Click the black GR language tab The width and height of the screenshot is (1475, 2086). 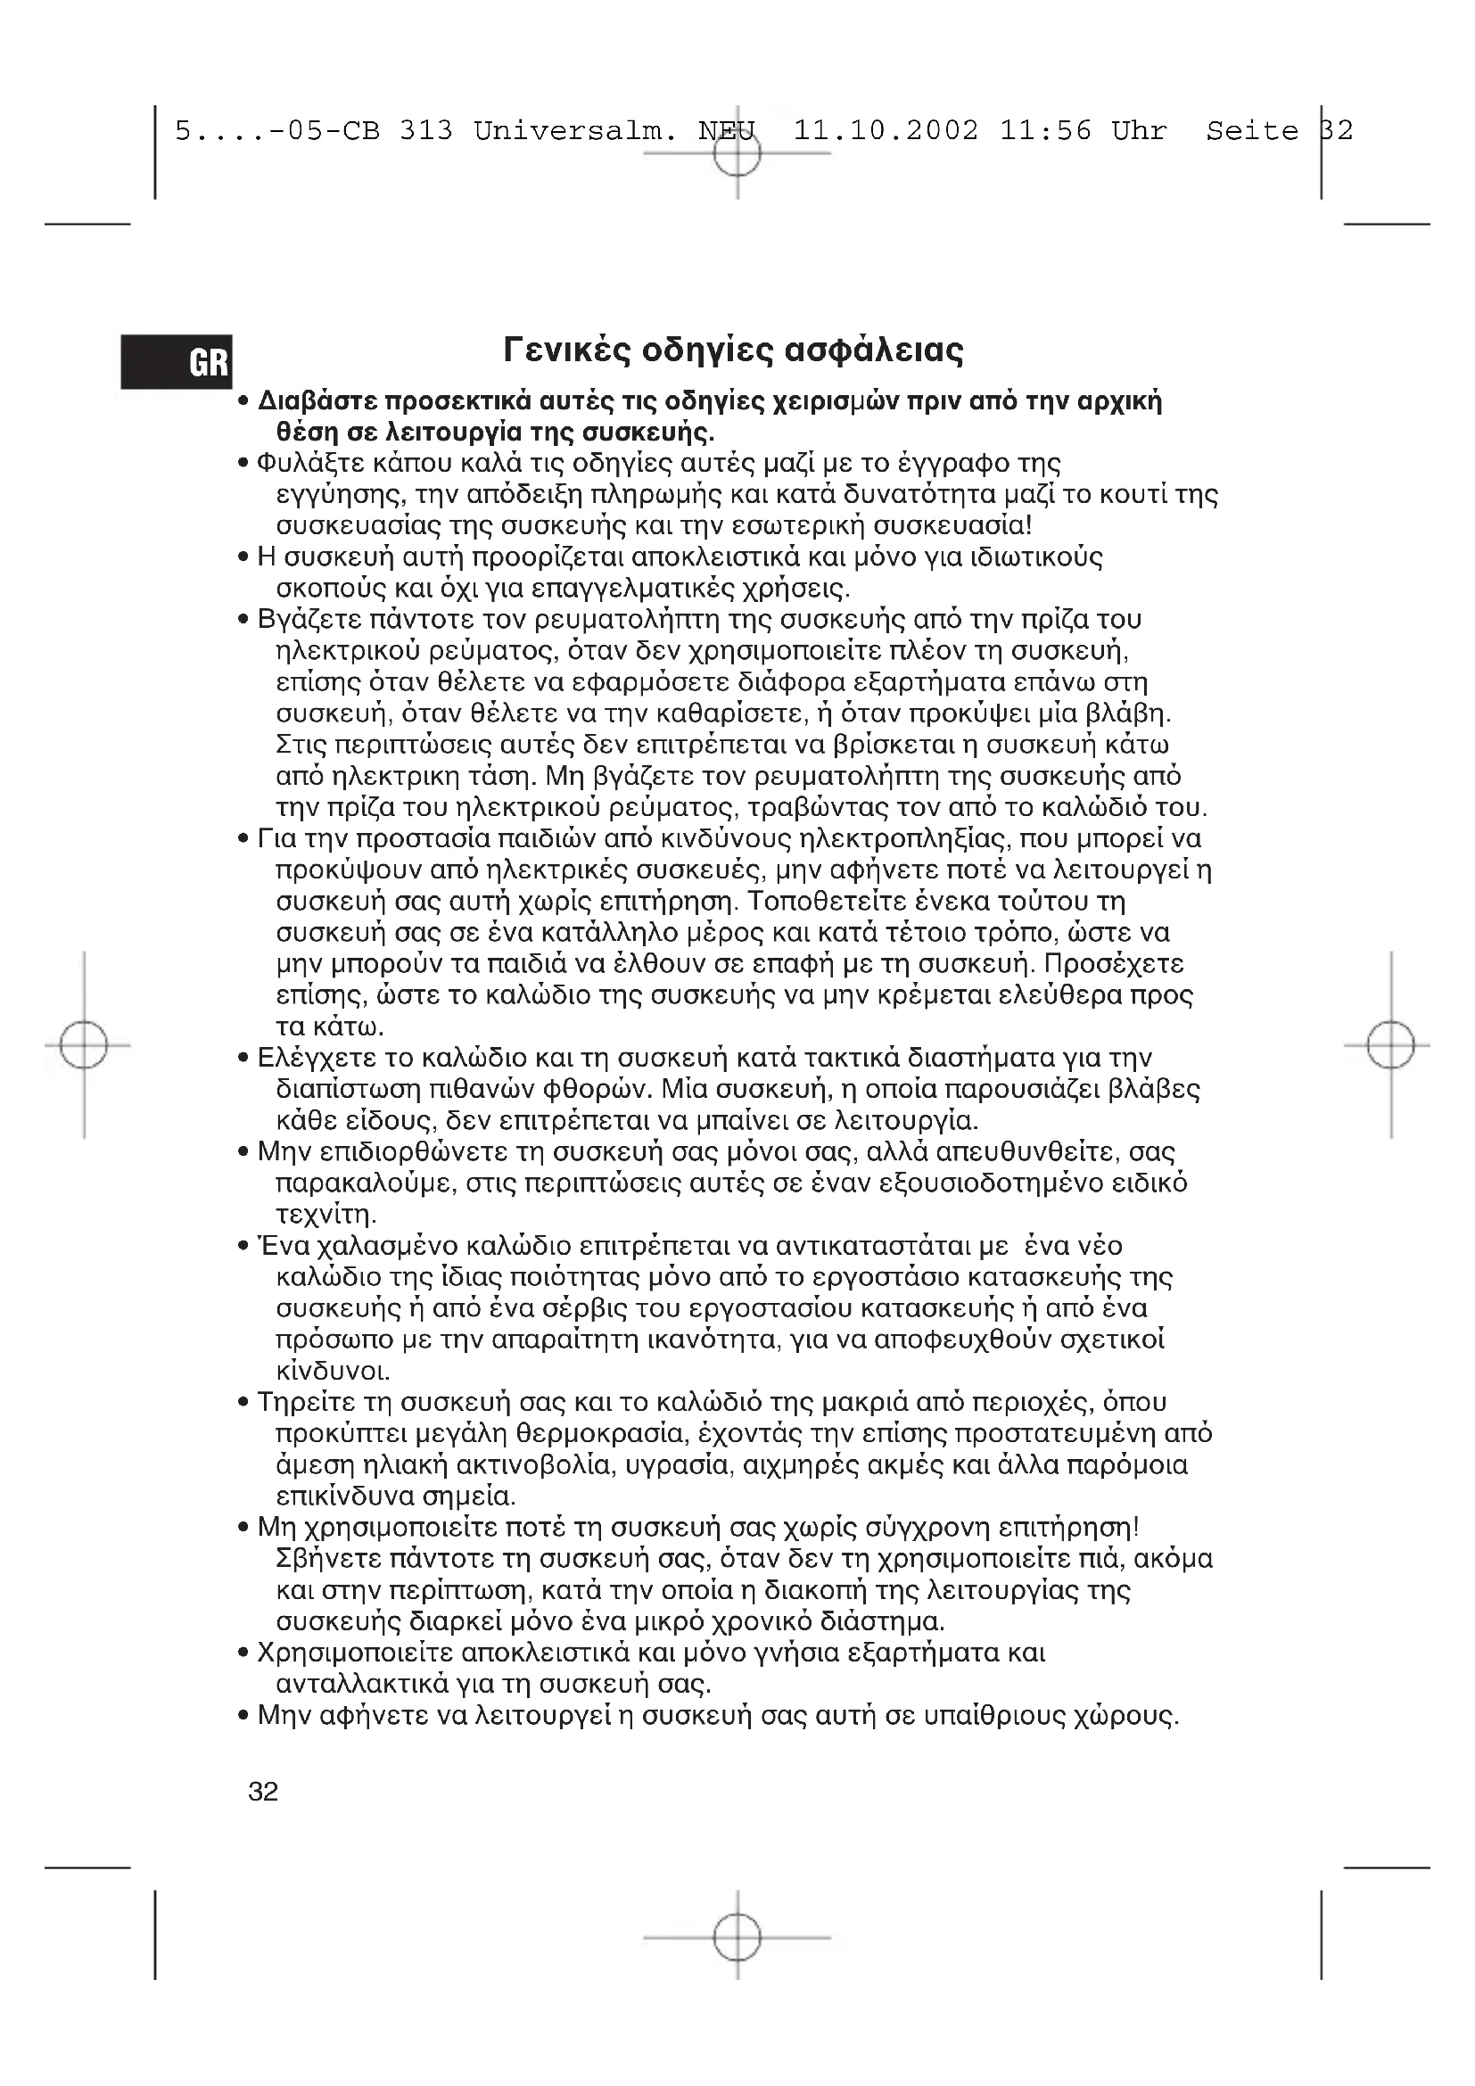[x=177, y=361]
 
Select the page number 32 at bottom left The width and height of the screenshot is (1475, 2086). [x=263, y=1792]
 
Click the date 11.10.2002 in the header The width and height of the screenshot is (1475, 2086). [x=886, y=131]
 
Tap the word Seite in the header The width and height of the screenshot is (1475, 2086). [x=1251, y=131]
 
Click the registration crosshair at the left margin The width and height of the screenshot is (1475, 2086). [x=84, y=1045]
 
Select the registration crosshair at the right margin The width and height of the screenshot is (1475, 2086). [x=1390, y=1045]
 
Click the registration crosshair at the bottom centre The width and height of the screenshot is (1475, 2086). [x=737, y=1937]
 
